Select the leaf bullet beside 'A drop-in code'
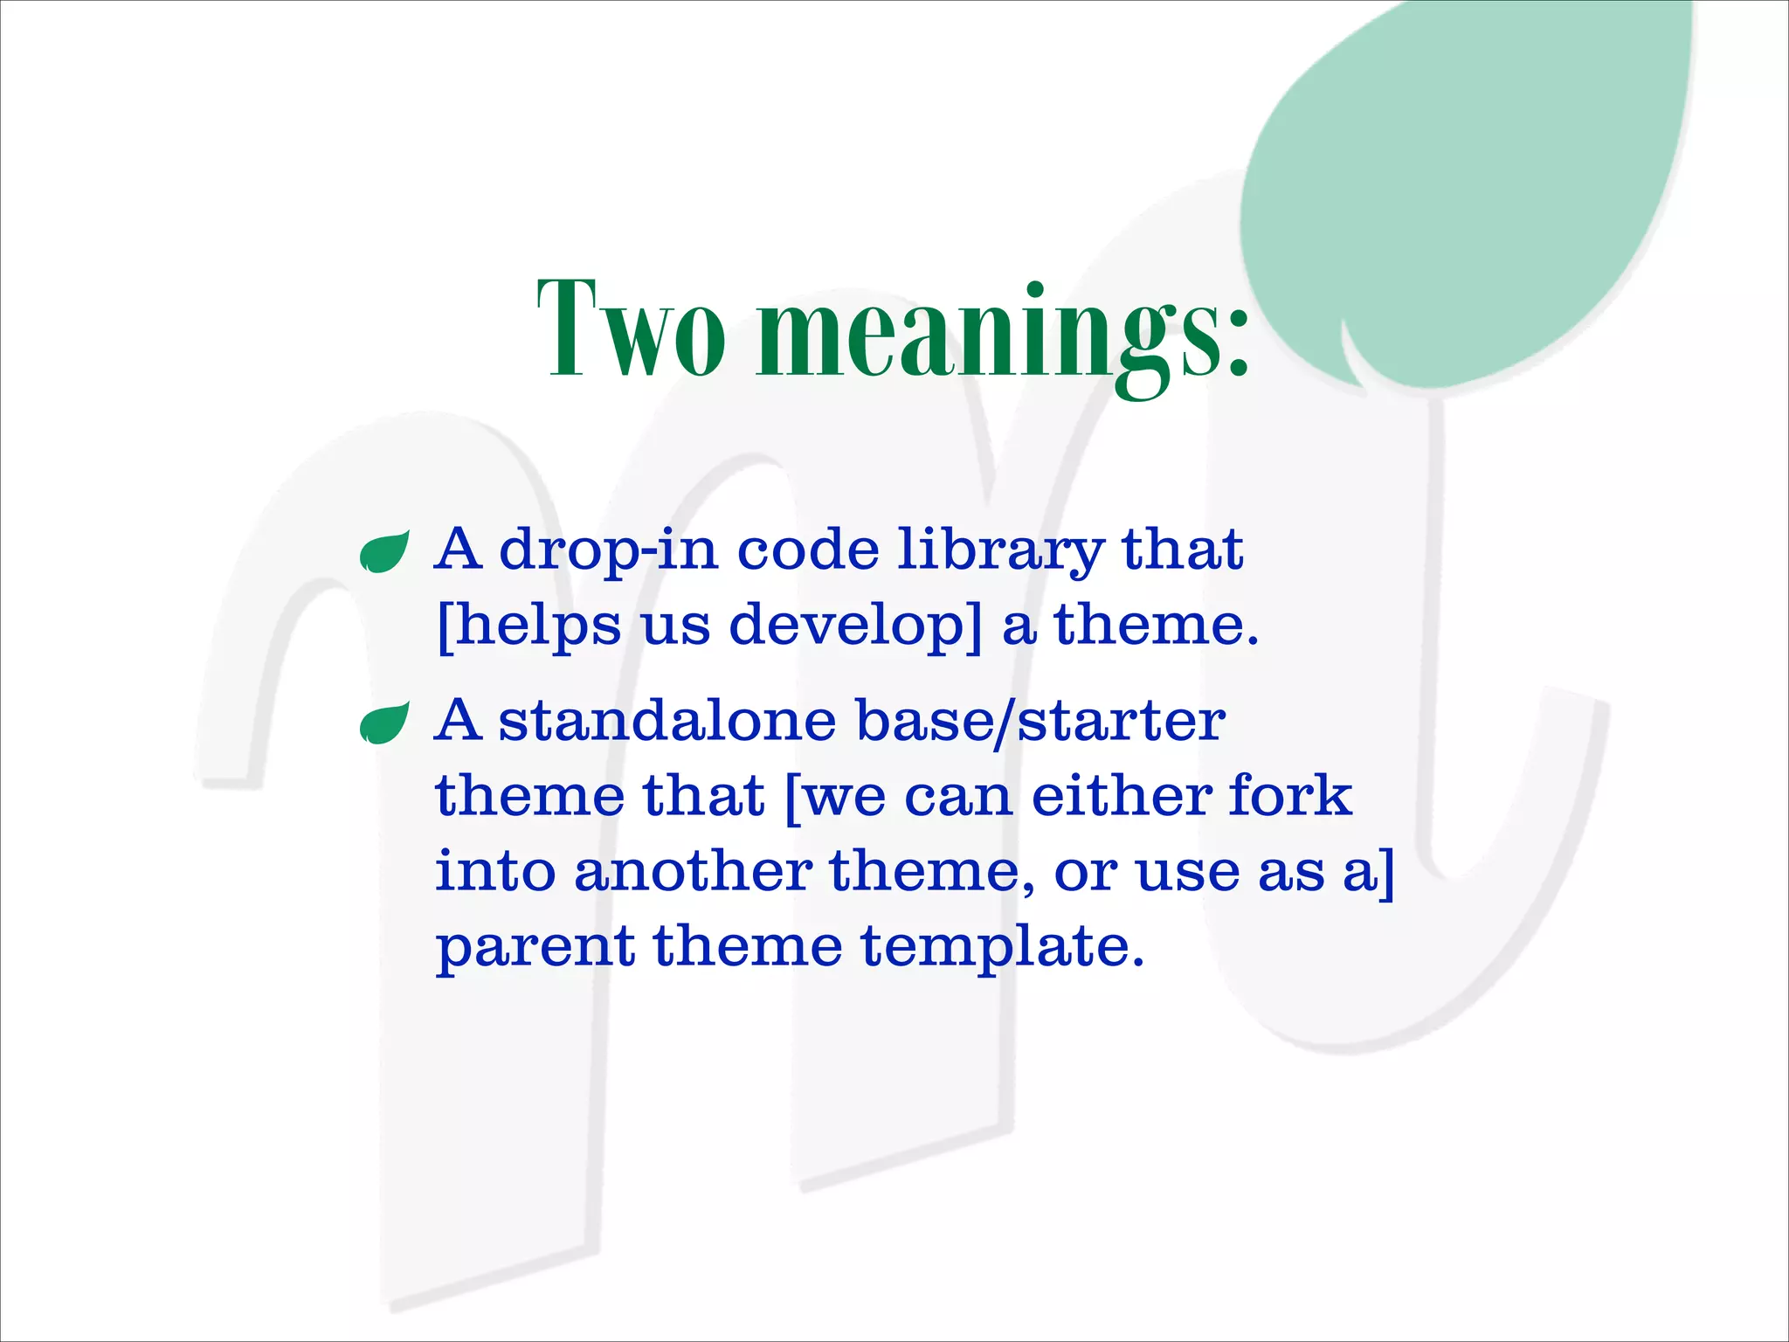tap(384, 552)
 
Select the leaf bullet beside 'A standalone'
tap(384, 723)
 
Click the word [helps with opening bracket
tap(528, 626)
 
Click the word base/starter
tap(1040, 722)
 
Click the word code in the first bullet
tap(808, 550)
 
